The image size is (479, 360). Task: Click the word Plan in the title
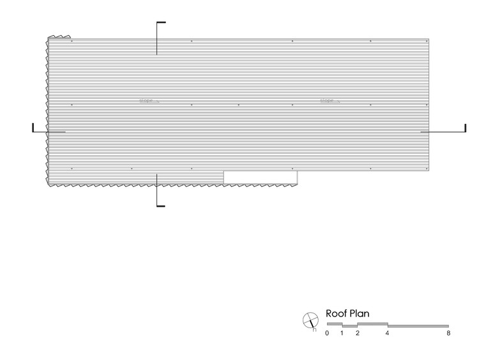360,313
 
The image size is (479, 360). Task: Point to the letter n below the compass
314,329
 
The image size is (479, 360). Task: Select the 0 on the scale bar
327,333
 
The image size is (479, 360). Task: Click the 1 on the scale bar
342,333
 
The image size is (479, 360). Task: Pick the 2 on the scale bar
358,333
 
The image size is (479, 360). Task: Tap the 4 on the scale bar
388,333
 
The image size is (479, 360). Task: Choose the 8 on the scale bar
449,333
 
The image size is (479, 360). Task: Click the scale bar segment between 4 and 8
418,326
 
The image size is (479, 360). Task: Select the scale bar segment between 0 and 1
334,324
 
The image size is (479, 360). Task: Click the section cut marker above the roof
158,37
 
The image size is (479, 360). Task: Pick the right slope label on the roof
328,100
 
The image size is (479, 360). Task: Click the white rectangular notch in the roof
260,177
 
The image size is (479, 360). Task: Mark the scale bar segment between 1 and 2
349,326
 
